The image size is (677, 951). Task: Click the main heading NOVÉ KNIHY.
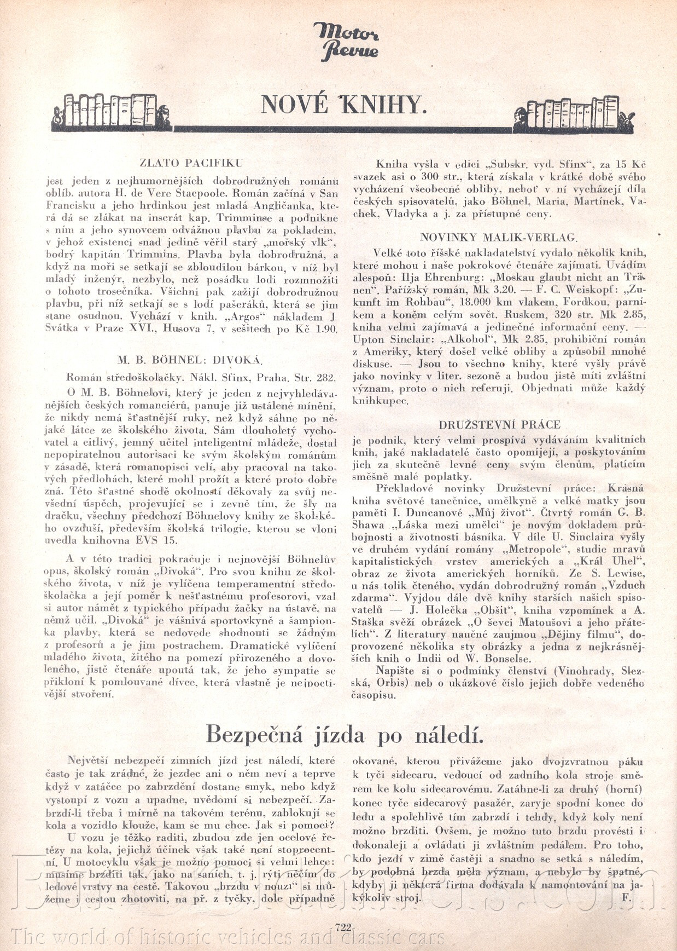pyautogui.click(x=342, y=104)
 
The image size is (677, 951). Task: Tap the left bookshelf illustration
pyautogui.click(x=112, y=112)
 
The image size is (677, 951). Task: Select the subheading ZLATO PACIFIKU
pyautogui.click(x=191, y=163)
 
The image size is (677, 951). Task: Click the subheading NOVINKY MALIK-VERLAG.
pyautogui.click(x=498, y=237)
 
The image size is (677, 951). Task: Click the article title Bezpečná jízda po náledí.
pyautogui.click(x=345, y=734)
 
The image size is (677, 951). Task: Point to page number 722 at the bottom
pyautogui.click(x=343, y=927)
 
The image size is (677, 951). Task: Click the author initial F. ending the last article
pyautogui.click(x=626, y=898)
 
